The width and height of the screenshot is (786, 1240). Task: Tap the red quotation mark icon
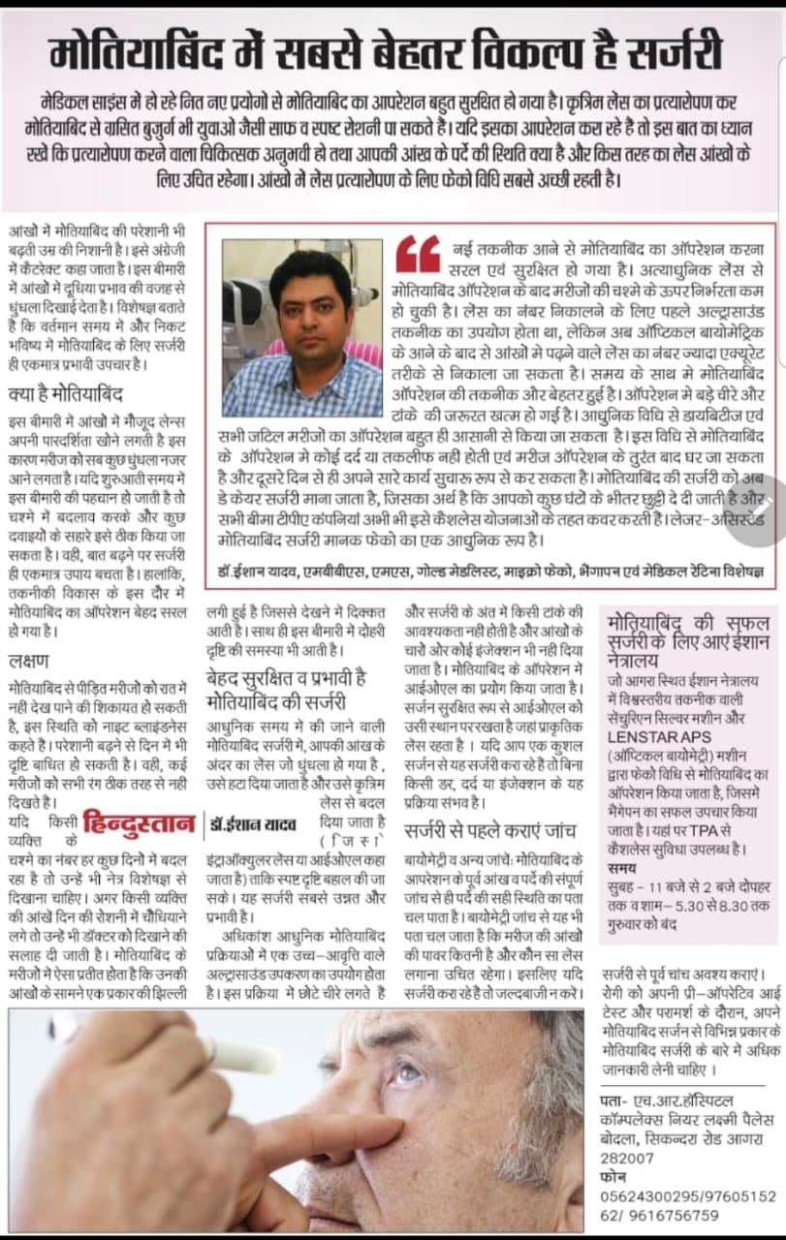(x=417, y=254)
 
